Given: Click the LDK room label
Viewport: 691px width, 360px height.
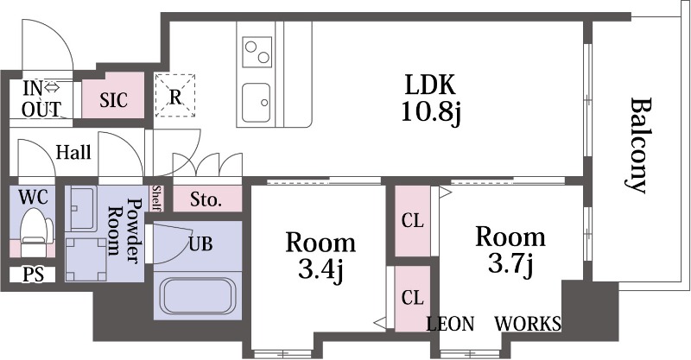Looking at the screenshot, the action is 430,85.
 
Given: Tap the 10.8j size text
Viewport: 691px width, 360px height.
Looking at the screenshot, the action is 430,112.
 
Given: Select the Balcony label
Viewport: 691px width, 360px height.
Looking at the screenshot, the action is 637,145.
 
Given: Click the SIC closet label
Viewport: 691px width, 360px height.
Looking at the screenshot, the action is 113,100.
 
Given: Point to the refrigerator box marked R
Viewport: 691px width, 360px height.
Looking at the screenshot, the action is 175,96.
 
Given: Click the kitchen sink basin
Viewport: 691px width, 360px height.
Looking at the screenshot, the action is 256,103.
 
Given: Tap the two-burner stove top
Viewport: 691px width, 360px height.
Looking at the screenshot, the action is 257,52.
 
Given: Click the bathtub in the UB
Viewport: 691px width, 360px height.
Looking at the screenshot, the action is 198,295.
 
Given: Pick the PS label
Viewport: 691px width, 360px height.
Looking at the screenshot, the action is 33,275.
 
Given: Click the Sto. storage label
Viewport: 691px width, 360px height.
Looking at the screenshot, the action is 206,200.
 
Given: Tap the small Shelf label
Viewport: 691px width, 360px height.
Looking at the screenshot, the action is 156,199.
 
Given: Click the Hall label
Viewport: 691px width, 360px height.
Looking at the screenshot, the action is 73,153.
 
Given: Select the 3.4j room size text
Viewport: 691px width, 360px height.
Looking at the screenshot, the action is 320,269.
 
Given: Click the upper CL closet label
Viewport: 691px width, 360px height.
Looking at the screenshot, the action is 413,221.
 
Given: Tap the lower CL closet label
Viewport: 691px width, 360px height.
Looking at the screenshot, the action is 413,298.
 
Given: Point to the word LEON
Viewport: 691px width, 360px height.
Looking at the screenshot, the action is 450,324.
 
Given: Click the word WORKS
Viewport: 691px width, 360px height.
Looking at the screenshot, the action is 528,324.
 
